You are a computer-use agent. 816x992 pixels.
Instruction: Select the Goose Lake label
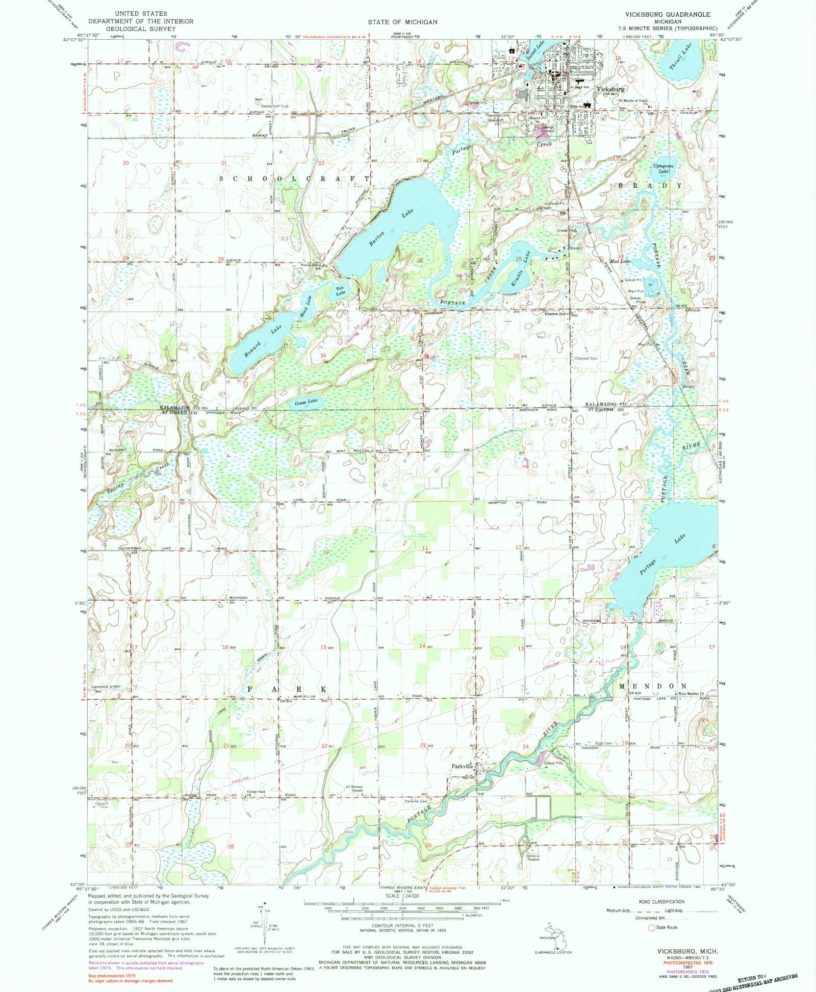tap(306, 401)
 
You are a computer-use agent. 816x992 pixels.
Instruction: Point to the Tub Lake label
tap(340, 291)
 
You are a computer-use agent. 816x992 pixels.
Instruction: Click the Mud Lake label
tap(622, 261)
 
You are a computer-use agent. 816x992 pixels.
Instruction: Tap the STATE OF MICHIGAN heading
tap(403, 22)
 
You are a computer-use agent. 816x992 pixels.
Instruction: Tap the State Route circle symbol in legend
tap(651, 927)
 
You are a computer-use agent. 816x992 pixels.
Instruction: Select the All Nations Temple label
tap(354, 789)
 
